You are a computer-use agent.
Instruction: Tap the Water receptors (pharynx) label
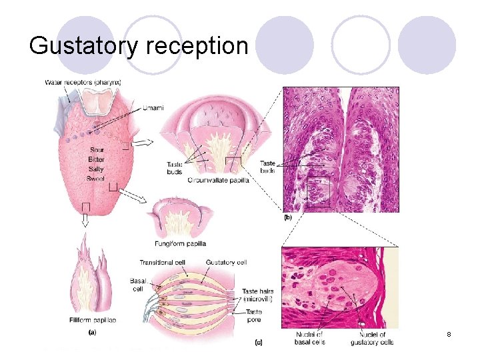[x=83, y=83]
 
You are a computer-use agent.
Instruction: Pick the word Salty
[x=96, y=170]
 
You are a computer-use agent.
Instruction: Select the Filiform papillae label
[x=93, y=321]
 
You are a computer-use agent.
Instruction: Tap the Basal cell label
[x=138, y=285]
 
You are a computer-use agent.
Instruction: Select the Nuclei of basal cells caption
[x=309, y=337]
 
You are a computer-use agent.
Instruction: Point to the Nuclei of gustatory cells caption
[x=371, y=337]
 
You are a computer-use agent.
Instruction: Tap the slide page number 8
[x=449, y=333]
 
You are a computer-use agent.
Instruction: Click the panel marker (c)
[x=259, y=343]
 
